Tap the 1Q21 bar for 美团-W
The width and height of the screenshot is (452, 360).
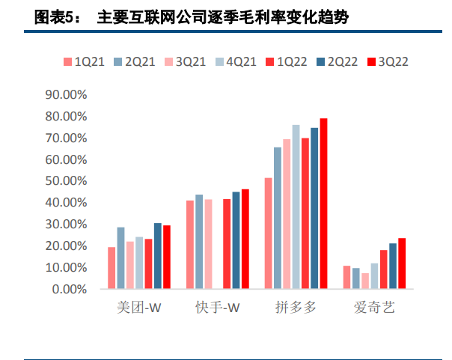click(112, 268)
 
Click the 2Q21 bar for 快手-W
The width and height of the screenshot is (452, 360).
click(199, 242)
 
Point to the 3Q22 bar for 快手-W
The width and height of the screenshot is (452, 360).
click(245, 239)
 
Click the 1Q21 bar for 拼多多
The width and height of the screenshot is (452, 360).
click(268, 233)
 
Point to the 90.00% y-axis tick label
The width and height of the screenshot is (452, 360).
click(67, 95)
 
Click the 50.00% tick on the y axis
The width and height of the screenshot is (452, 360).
click(67, 181)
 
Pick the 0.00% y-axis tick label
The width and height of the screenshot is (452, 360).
click(70, 289)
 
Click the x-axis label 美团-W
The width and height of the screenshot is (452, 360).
click(139, 308)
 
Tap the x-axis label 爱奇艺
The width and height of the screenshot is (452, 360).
click(374, 308)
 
